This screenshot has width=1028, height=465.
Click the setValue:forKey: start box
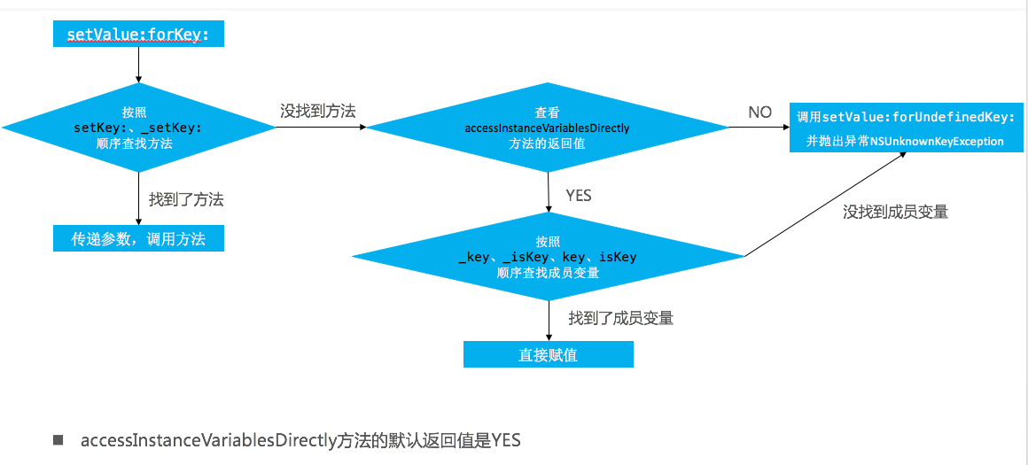tap(138, 35)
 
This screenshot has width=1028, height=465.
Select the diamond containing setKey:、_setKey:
tap(138, 128)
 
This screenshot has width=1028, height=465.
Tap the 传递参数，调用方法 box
tap(138, 238)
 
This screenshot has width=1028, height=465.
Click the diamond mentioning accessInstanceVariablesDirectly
tap(547, 128)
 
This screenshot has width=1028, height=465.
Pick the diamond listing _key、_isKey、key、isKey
tap(547, 257)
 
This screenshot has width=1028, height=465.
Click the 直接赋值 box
tap(548, 355)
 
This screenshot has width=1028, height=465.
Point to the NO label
tap(759, 112)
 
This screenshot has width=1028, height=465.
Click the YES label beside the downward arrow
tap(578, 195)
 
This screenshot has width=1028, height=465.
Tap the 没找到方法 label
tap(317, 111)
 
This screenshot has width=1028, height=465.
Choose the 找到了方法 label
tap(186, 200)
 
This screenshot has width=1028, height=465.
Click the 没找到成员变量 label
tap(896, 212)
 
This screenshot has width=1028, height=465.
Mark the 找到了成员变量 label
tap(621, 318)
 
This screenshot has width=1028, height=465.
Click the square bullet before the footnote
tap(59, 440)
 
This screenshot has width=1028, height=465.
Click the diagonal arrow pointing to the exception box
tap(824, 204)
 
